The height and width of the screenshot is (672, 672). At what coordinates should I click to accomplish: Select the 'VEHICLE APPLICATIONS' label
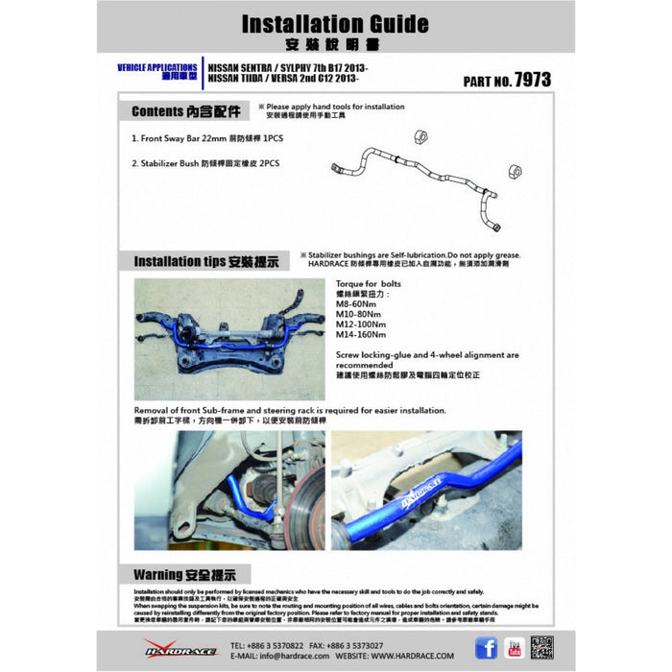click(156, 65)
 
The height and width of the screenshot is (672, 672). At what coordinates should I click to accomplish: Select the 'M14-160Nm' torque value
click(362, 335)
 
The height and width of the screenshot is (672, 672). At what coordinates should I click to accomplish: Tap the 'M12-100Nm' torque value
click(362, 325)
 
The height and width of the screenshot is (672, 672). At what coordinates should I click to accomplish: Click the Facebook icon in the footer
click(486, 646)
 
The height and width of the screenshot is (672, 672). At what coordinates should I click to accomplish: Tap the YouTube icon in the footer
click(514, 646)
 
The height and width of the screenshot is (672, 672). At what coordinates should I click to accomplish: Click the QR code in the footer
click(541, 646)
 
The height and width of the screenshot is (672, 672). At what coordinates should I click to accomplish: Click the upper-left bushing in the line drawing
click(419, 135)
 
